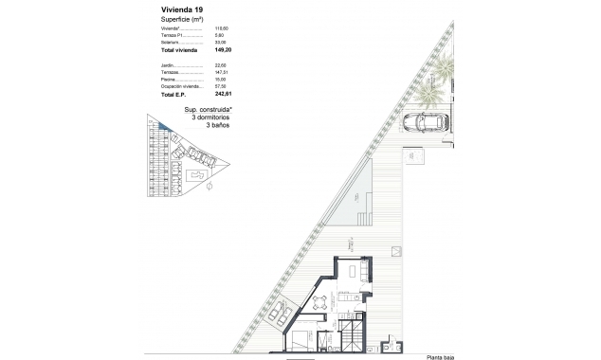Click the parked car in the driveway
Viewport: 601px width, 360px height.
(427, 122)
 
